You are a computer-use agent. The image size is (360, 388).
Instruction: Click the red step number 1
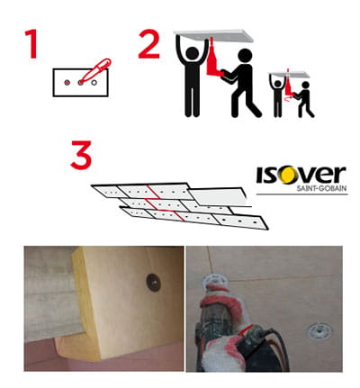pyautogui.click(x=31, y=44)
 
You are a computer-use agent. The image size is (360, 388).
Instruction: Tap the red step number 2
pyautogui.click(x=149, y=44)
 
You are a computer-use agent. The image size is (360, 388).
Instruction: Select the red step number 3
pyautogui.click(x=81, y=155)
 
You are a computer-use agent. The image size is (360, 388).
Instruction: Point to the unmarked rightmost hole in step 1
pyautogui.click(x=94, y=82)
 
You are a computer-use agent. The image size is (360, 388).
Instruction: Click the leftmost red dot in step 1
pyautogui.click(x=67, y=82)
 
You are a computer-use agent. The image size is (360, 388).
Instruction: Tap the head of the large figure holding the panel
pyautogui.click(x=193, y=53)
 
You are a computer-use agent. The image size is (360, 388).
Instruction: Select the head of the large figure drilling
pyautogui.click(x=246, y=56)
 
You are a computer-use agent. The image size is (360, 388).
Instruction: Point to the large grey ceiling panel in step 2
pyautogui.click(x=213, y=35)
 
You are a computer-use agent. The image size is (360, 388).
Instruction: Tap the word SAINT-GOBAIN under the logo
pyautogui.click(x=322, y=188)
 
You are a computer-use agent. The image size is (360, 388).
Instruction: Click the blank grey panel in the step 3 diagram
pyautogui.click(x=218, y=197)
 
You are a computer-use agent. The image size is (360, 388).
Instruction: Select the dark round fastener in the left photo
pyautogui.click(x=153, y=283)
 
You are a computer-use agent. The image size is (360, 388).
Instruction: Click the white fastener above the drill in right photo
pyautogui.click(x=216, y=280)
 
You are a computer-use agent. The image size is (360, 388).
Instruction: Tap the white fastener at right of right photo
pyautogui.click(x=319, y=330)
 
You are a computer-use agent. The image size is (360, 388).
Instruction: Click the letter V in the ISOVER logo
pyautogui.click(x=309, y=175)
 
